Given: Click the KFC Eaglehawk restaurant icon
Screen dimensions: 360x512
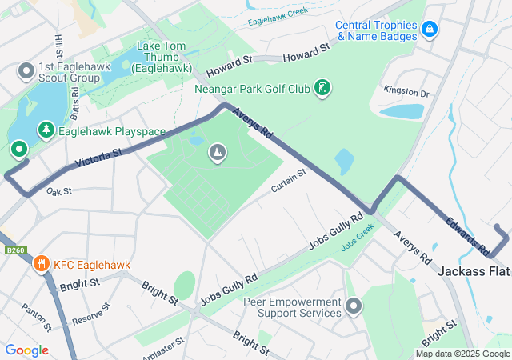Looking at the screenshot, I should click(40, 263).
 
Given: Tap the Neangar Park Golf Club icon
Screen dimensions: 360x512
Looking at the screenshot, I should click(322, 88).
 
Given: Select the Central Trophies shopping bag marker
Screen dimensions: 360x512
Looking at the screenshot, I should click(430, 29).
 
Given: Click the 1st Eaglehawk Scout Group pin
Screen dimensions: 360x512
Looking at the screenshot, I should click(26, 72).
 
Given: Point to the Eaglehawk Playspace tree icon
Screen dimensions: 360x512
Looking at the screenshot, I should click(46, 130).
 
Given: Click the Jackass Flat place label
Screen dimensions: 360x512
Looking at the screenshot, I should click(474, 272).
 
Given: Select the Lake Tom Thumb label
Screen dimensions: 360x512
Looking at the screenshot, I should click(164, 57).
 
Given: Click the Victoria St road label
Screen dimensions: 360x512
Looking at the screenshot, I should click(98, 158).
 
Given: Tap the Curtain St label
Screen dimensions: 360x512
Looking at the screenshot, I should click(289, 181).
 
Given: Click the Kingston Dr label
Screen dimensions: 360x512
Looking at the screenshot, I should click(406, 93).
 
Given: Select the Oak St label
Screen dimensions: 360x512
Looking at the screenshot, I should click(59, 192).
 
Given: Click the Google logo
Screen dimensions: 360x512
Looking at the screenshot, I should click(27, 350).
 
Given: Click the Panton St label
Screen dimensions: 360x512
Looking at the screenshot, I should click(35, 318).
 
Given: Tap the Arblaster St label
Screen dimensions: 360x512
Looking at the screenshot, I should click(163, 346).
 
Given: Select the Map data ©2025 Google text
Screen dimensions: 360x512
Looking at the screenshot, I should click(462, 354).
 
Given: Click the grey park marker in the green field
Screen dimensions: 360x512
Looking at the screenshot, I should click(217, 153).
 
